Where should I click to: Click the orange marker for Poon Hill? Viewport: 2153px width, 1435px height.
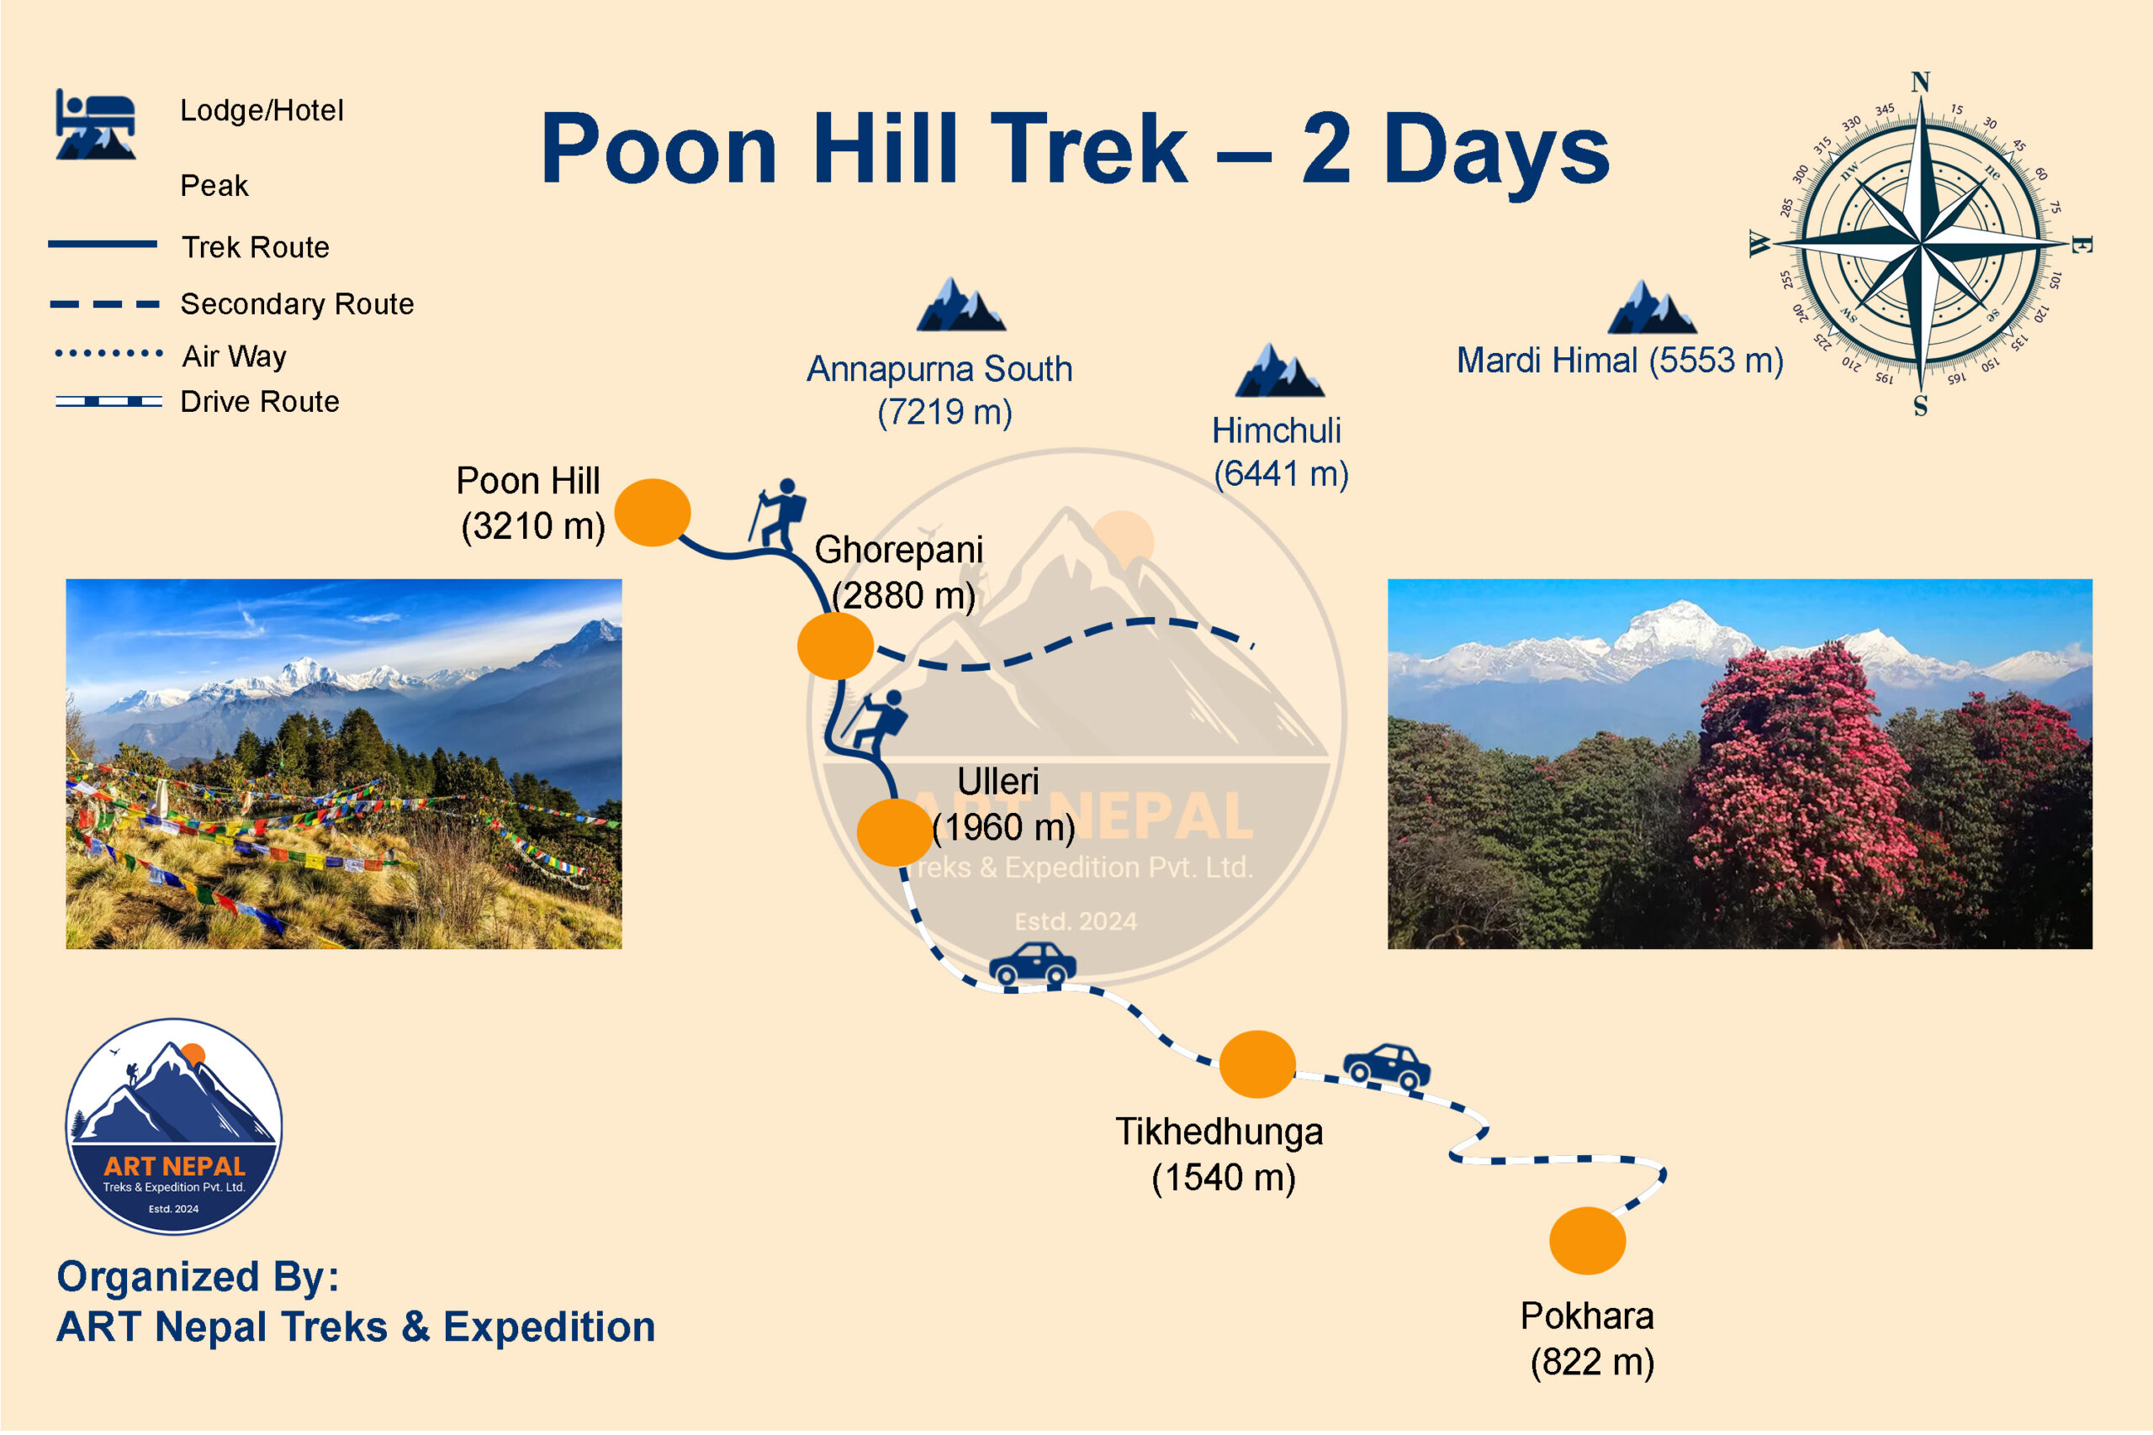pos(653,513)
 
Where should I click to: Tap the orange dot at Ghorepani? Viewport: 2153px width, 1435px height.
pos(836,646)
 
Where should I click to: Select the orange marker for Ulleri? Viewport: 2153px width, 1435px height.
pos(895,833)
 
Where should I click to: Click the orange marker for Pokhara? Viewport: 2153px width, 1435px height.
pos(1587,1241)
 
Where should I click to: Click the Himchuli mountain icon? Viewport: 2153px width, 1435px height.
pos(1280,370)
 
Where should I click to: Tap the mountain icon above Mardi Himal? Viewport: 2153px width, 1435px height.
pos(1653,307)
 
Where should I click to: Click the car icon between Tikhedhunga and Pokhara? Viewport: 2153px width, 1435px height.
pos(1387,1067)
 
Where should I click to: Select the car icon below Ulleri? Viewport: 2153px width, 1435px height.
pos(1033,963)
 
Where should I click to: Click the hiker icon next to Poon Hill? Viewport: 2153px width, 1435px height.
pos(778,514)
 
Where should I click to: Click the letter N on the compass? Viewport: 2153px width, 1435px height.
pos(1921,82)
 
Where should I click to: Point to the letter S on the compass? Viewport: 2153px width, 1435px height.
pos(1921,406)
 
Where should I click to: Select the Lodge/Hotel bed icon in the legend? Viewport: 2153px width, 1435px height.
pos(95,124)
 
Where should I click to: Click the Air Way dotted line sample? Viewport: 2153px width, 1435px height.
pos(109,352)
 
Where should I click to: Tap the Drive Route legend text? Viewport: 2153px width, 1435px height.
pos(260,402)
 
